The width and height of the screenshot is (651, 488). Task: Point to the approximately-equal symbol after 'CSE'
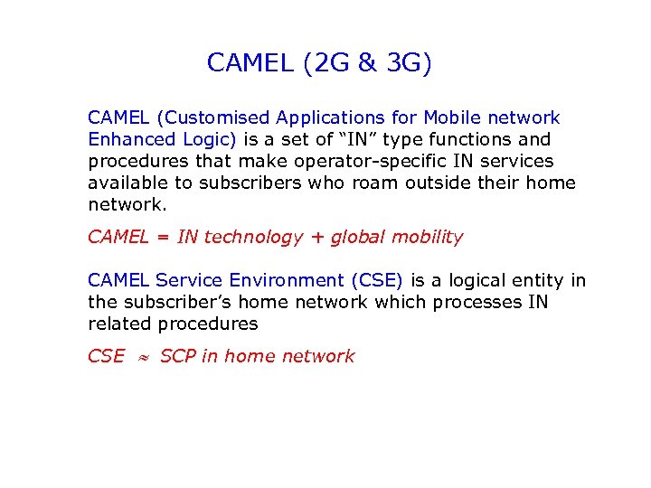[142, 357]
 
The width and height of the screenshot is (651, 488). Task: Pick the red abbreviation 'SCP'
[177, 357]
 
